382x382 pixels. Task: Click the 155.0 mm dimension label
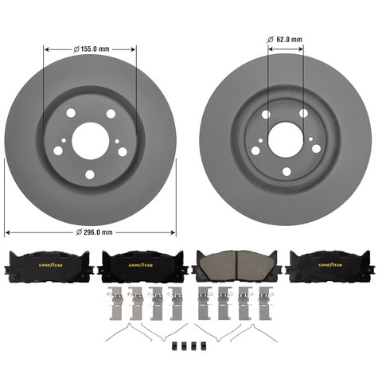pos(92,49)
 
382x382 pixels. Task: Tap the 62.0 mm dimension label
pos(285,40)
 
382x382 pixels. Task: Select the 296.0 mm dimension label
pos(94,232)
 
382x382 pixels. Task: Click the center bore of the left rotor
pos(91,141)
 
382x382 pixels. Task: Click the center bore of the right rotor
pos(286,139)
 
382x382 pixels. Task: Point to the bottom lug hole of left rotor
pos(90,174)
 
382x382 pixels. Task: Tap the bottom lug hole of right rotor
pos(286,171)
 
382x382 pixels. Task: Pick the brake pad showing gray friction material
pos(234,266)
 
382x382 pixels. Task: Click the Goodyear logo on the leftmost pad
pos(51,265)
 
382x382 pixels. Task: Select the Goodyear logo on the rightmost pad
pos(330,265)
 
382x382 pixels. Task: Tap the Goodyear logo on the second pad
pos(141,265)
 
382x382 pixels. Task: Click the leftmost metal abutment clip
pos(115,303)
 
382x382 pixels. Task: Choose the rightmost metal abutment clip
pos(266,303)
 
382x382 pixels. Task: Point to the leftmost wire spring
pos(128,332)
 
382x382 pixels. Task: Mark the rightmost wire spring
pos(254,333)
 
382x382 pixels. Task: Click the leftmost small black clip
pos(174,346)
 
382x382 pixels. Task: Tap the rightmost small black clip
pos(204,346)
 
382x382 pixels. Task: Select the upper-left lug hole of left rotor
pos(71,113)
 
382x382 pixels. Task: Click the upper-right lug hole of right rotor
pos(303,113)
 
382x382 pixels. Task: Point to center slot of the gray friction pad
pos(237,266)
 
